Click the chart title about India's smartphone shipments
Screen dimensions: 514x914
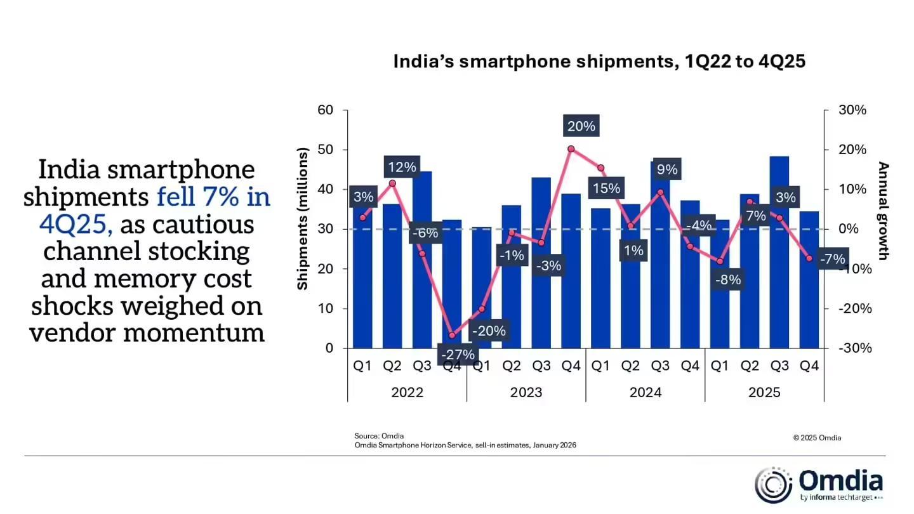coord(599,62)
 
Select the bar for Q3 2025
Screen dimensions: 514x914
coord(779,254)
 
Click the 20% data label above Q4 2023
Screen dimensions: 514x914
coord(580,126)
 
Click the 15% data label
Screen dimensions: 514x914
coord(606,188)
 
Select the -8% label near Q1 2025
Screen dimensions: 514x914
coord(726,279)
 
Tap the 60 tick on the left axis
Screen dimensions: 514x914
coord(325,110)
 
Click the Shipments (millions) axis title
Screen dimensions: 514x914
coord(303,219)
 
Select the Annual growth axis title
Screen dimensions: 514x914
coord(883,211)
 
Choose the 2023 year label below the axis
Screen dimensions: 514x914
coord(526,393)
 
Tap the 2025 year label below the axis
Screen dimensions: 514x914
coord(764,393)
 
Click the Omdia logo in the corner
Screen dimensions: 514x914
coord(819,485)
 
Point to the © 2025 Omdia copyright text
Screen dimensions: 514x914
coord(817,438)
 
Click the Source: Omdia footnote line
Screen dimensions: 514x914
coord(379,436)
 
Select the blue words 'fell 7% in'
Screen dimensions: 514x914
coord(214,197)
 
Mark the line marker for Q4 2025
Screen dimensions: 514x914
coord(809,258)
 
